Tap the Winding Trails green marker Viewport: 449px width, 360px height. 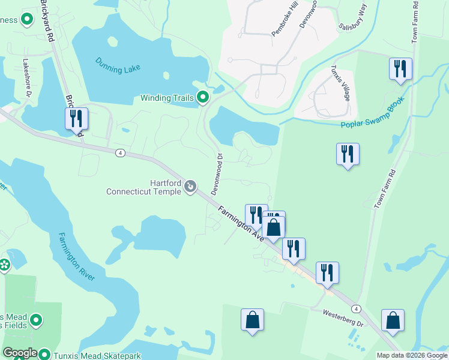point(203,97)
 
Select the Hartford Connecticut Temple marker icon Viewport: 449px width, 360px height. point(190,187)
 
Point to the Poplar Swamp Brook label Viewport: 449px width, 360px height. point(378,113)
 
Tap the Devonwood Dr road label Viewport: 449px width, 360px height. point(217,173)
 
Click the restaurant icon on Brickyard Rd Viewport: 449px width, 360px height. point(76,118)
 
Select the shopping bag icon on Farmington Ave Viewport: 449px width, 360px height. point(273,227)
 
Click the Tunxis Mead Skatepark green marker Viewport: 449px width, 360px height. point(44,355)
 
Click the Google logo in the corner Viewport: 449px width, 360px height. point(20,353)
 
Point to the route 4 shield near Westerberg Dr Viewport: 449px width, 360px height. point(357,308)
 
